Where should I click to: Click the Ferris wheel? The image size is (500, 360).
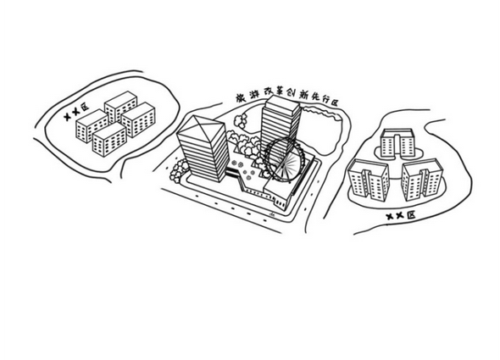[285, 159]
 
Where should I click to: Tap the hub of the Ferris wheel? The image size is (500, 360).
[285, 160]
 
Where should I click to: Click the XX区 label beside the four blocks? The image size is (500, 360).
[76, 112]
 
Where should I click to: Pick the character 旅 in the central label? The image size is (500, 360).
[241, 98]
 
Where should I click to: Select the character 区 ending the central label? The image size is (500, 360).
[334, 102]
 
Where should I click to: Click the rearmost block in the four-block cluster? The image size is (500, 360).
[120, 106]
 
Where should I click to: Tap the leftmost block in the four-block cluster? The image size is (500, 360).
[92, 125]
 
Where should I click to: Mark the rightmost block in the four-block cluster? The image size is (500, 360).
[138, 119]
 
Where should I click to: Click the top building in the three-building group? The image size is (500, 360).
[397, 143]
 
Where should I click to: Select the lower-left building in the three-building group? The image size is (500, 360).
[369, 180]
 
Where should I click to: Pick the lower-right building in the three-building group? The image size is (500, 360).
[422, 180]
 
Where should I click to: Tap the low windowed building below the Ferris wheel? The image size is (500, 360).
[277, 195]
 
